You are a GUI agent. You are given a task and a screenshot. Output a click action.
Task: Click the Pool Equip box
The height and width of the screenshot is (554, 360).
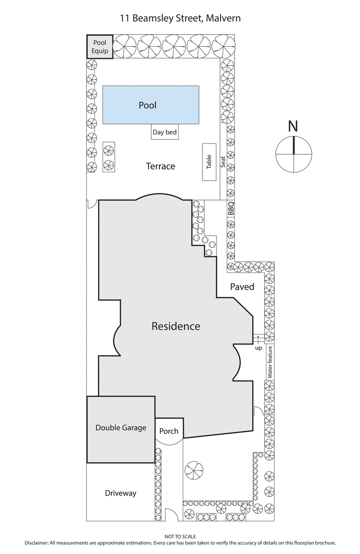tap(100, 47)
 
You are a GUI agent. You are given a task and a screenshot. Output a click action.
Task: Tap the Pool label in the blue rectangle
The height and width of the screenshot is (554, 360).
tap(148, 105)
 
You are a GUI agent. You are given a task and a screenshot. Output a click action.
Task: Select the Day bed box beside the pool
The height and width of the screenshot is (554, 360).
tap(164, 132)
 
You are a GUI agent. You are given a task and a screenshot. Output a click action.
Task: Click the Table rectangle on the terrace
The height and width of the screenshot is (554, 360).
tap(209, 162)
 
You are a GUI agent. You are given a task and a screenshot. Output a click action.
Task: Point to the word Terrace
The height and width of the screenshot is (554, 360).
tap(160, 166)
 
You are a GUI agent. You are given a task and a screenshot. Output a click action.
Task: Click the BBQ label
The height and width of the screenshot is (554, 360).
tap(231, 209)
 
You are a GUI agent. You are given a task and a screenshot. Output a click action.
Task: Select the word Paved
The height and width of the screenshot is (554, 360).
tap(242, 286)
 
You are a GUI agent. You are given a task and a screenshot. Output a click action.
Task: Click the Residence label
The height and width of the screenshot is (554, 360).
tap(175, 326)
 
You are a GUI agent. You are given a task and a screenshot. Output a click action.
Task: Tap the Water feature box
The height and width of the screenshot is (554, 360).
tap(270, 362)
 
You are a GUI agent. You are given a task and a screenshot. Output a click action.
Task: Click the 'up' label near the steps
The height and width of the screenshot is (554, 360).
tap(258, 348)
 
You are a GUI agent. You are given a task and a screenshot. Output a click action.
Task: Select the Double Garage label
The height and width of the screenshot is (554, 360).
tap(121, 428)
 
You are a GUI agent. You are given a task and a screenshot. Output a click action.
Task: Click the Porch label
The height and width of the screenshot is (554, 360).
tap(169, 431)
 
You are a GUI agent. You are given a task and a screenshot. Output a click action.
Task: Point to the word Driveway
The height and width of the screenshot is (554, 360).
tap(121, 493)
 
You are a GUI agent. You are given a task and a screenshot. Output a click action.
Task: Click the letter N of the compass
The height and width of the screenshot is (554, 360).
tap(293, 127)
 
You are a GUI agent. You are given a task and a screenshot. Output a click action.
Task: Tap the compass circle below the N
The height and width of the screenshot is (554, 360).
tap(293, 154)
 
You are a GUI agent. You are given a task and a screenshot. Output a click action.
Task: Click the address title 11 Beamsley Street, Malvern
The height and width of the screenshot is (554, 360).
tap(180, 18)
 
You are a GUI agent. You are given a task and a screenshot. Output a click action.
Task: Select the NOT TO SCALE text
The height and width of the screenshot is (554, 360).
tap(180, 536)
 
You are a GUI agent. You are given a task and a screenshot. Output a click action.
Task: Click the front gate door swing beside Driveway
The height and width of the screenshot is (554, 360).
tap(171, 515)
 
